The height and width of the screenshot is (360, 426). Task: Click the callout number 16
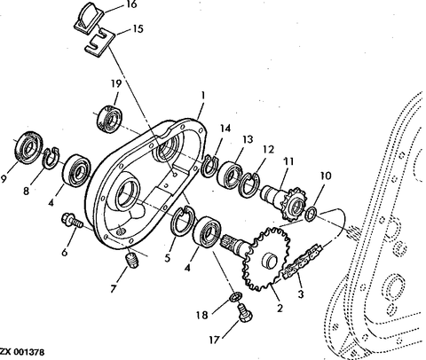click(x=131, y=5)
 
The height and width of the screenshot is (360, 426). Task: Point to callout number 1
click(x=202, y=94)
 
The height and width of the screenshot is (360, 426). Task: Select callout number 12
click(x=269, y=151)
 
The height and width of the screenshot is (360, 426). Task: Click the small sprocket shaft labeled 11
click(x=281, y=197)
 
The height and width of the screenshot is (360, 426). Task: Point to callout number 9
click(x=8, y=177)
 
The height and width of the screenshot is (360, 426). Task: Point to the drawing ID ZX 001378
click(x=21, y=353)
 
